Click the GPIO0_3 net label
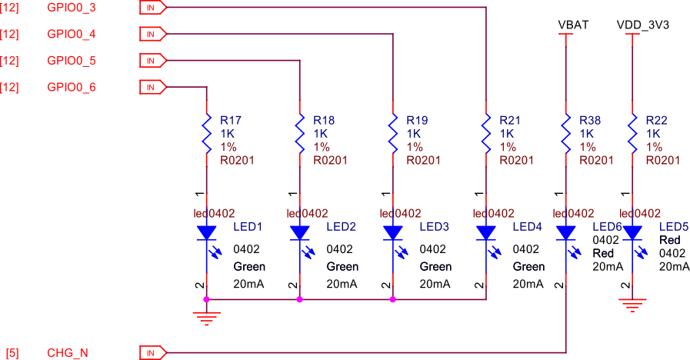(x=72, y=8)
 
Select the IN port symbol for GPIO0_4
(x=152, y=35)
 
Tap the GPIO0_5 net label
(x=72, y=61)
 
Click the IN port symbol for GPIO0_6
(x=152, y=87)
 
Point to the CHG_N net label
(x=68, y=353)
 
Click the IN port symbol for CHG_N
(x=152, y=353)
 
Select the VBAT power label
(x=573, y=25)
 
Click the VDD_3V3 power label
(x=642, y=25)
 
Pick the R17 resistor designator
(x=231, y=120)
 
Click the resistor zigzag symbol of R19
(x=393, y=132)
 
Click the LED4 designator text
(x=527, y=227)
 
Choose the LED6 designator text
(x=607, y=227)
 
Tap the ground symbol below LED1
(x=206, y=315)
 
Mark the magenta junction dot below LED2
(x=299, y=299)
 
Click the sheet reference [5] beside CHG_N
(x=12, y=353)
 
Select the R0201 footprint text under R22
(x=663, y=160)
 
